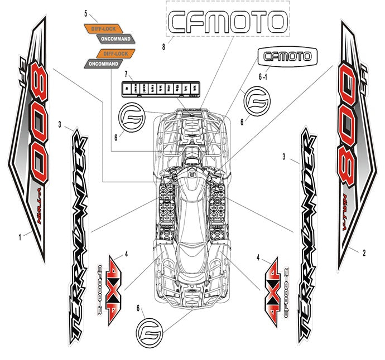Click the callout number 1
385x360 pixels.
[20, 236]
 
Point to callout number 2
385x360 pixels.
[364, 253]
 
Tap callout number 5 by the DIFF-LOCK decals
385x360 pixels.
[86, 12]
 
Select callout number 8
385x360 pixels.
[163, 48]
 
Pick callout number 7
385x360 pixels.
[127, 74]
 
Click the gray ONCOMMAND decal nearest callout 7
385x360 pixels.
[103, 64]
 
